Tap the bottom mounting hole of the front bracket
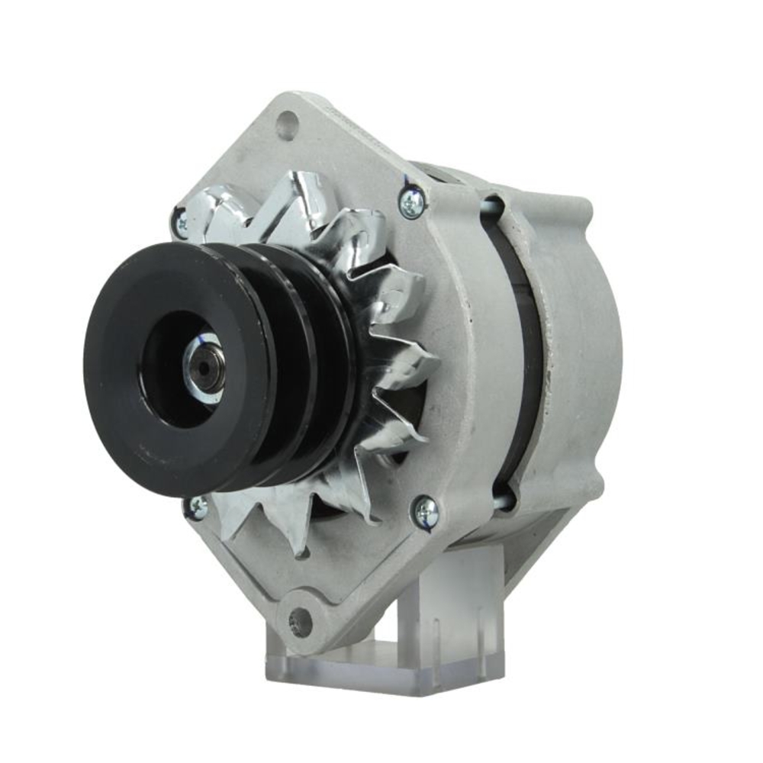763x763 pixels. coord(301,623)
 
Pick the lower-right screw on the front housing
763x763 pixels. coord(425,511)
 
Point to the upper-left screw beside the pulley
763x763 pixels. coord(182,223)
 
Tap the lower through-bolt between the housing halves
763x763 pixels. coord(504,500)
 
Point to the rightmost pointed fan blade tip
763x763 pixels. coord(435,359)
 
